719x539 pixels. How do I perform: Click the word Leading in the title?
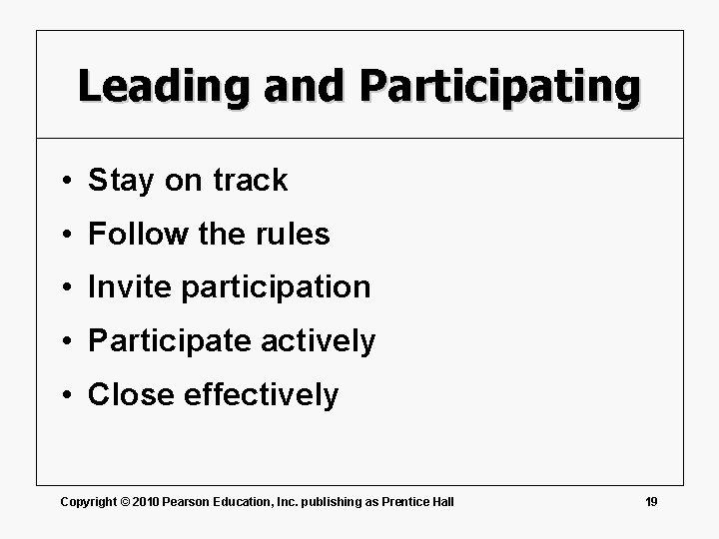[x=164, y=87]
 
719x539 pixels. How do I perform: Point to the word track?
[x=250, y=181]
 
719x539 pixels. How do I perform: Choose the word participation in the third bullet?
[x=276, y=288]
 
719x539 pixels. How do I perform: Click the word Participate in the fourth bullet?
[x=170, y=341]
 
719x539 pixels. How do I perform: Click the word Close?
[x=131, y=395]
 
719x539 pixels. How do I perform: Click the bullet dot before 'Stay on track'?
[x=63, y=182]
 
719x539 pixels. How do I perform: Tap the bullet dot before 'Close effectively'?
[x=63, y=396]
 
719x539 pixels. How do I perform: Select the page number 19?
[x=651, y=501]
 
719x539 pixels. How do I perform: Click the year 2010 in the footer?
[x=148, y=501]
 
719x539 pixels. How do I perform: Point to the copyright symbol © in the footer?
[x=124, y=501]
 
